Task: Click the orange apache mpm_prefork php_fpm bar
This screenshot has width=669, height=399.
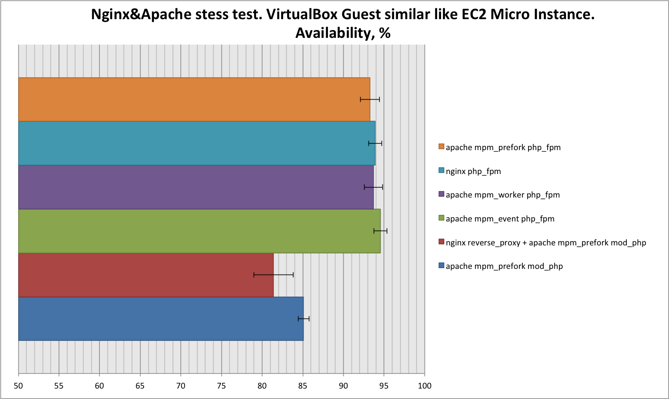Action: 194,99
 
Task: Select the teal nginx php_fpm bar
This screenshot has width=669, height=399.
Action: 196,143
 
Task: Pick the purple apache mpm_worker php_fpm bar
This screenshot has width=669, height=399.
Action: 195,187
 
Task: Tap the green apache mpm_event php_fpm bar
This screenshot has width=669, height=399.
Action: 199,231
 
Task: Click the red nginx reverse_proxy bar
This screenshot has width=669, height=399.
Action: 146,275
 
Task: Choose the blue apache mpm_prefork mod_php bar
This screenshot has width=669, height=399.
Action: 161,319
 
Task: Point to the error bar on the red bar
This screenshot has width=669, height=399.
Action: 273,275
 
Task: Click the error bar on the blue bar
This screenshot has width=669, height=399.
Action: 303,319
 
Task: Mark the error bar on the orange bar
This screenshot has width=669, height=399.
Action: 370,100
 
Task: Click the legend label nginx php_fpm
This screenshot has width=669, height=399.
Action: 473,171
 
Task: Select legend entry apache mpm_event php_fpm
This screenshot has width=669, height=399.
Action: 500,219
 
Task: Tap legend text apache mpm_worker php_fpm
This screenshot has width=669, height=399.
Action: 502,195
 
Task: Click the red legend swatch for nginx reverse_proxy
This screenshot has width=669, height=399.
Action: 442,242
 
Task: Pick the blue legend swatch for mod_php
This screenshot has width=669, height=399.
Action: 442,266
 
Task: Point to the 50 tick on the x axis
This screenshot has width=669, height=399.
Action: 18,386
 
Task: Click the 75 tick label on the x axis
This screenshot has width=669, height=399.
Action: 221,386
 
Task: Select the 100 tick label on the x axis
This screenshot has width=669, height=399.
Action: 424,386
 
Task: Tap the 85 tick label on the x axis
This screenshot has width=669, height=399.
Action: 303,386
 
